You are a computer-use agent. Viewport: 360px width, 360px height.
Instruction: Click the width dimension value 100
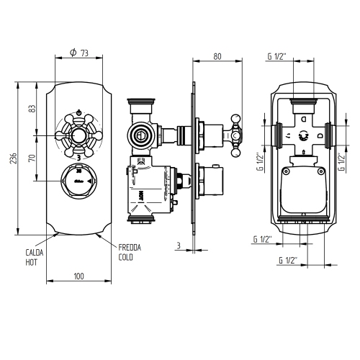point(78,275)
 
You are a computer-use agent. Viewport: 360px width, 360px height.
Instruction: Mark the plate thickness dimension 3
point(177,246)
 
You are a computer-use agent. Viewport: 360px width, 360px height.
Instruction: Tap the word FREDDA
point(130,247)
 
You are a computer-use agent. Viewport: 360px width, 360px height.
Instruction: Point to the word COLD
point(127,256)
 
